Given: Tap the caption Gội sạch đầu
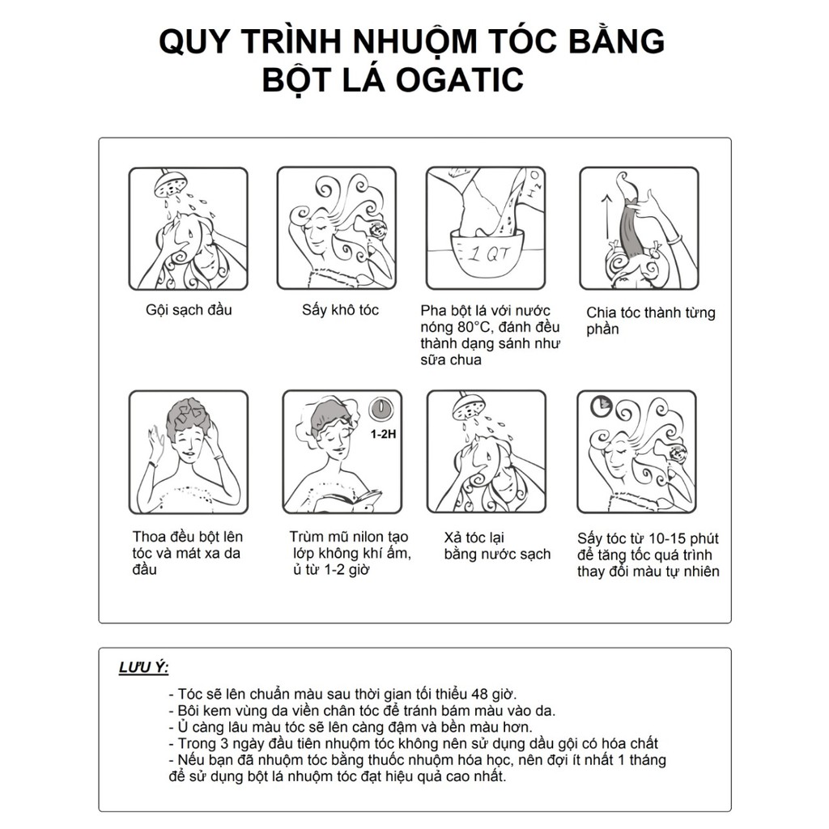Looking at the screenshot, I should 188,309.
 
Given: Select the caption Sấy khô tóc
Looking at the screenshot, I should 340,309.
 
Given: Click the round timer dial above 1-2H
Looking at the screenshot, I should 382,410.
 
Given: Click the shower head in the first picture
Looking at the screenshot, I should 172,184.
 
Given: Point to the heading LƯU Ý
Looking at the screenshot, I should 143,668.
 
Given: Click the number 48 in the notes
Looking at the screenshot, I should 472,694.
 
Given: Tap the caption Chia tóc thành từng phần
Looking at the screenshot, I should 650,321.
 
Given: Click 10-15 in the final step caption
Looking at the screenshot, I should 661,538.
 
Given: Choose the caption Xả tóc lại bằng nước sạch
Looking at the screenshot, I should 497,546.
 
